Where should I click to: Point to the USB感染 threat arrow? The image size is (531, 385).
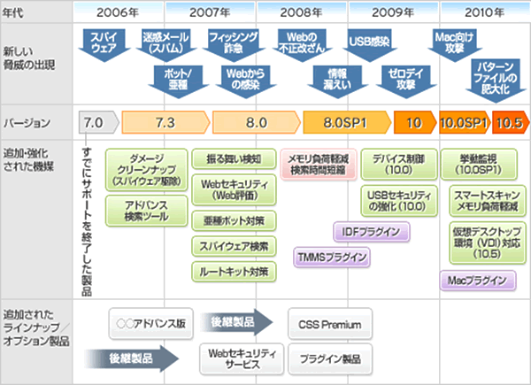[366, 41]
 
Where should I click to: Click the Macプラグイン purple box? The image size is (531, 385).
[477, 281]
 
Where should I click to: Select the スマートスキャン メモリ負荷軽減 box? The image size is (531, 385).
[479, 199]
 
